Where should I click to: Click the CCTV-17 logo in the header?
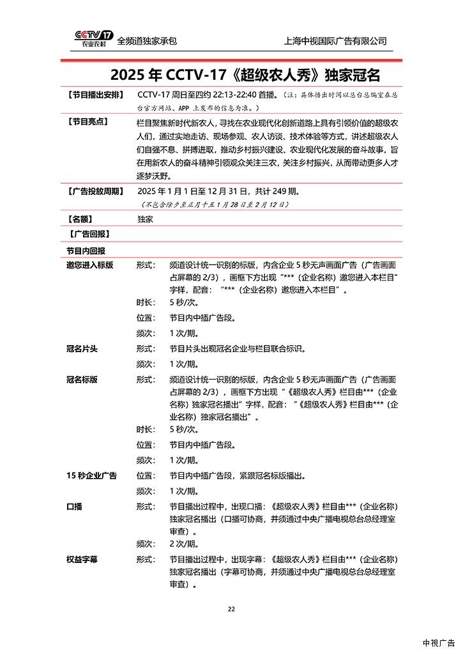coord(93,40)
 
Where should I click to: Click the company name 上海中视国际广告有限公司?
coord(335,41)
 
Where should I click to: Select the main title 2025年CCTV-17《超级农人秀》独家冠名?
coord(245,75)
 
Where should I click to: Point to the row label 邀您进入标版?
coord(89,265)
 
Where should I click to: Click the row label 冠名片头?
coord(81,349)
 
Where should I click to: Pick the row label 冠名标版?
coord(81,379)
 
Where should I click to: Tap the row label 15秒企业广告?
coord(91,475)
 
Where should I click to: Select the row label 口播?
coord(73,506)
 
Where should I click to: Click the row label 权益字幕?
coord(81,559)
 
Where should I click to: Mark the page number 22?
coord(232,608)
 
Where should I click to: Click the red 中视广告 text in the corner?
coord(439,643)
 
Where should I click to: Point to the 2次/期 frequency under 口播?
coord(184,544)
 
